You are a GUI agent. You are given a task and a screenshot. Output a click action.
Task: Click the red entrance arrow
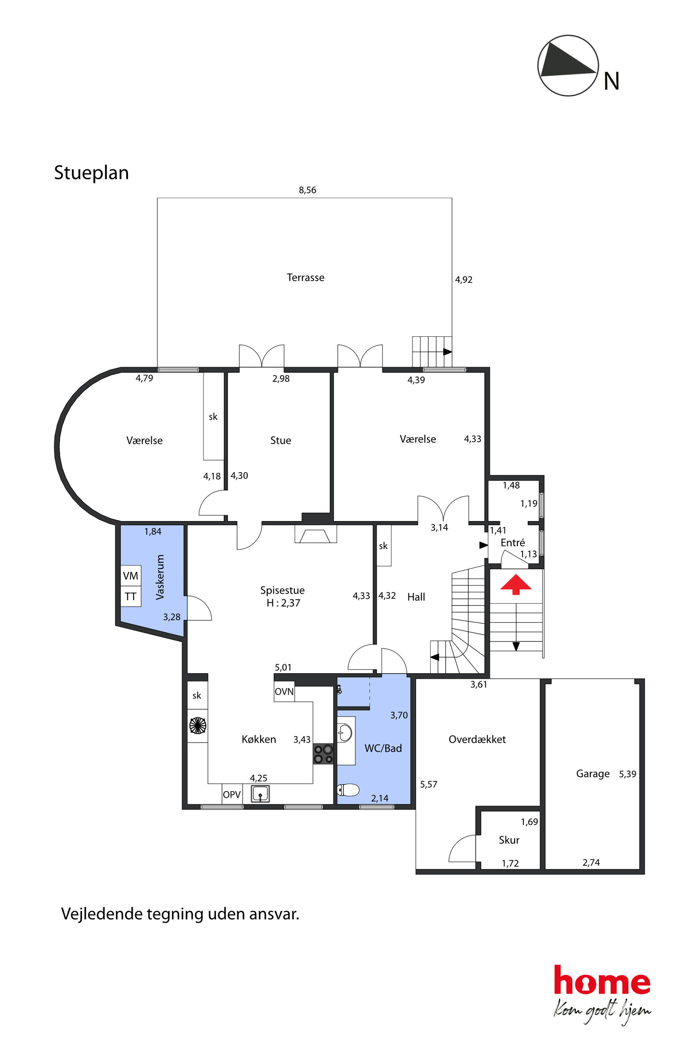point(516,584)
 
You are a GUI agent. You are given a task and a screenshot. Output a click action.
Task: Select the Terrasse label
point(305,277)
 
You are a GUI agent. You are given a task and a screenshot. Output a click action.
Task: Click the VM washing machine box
point(131,576)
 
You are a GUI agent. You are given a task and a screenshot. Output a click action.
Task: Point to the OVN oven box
point(284,691)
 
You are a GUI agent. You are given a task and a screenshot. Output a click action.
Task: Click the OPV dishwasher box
point(232,794)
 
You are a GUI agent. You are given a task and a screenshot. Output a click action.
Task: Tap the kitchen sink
point(260,794)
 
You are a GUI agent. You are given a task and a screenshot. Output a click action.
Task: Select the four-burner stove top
point(324,754)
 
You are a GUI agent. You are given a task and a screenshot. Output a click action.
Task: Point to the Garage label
point(592,774)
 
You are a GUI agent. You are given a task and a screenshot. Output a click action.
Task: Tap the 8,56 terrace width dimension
point(307,190)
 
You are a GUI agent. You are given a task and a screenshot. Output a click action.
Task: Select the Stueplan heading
point(91,173)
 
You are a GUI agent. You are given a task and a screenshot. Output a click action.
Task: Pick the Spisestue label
point(282,590)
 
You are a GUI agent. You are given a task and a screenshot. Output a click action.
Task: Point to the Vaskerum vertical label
point(160,577)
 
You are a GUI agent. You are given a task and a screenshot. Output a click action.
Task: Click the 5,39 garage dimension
point(627,774)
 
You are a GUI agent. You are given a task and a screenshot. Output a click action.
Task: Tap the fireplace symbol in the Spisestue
point(316,534)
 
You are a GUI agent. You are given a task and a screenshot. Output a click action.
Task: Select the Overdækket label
point(477,740)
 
